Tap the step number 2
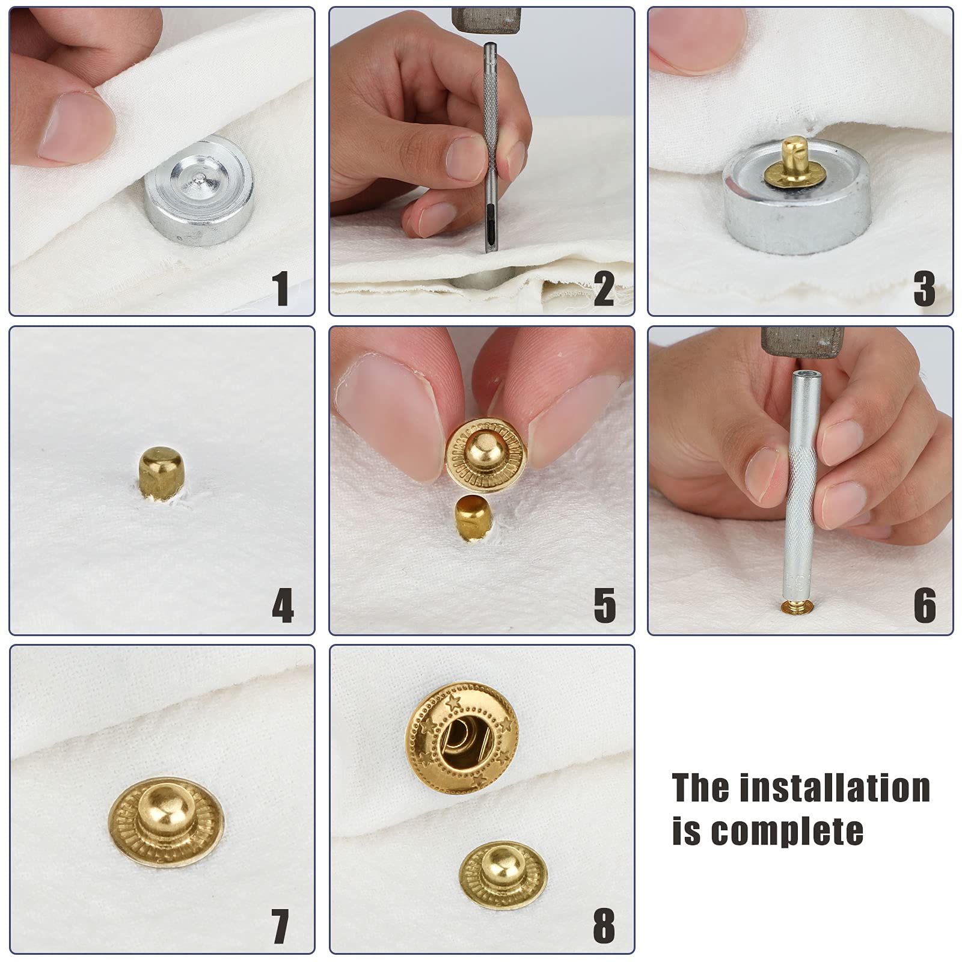(x=604, y=289)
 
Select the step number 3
(x=924, y=289)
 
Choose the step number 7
(x=281, y=927)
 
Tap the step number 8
(x=604, y=927)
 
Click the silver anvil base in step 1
(x=199, y=189)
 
